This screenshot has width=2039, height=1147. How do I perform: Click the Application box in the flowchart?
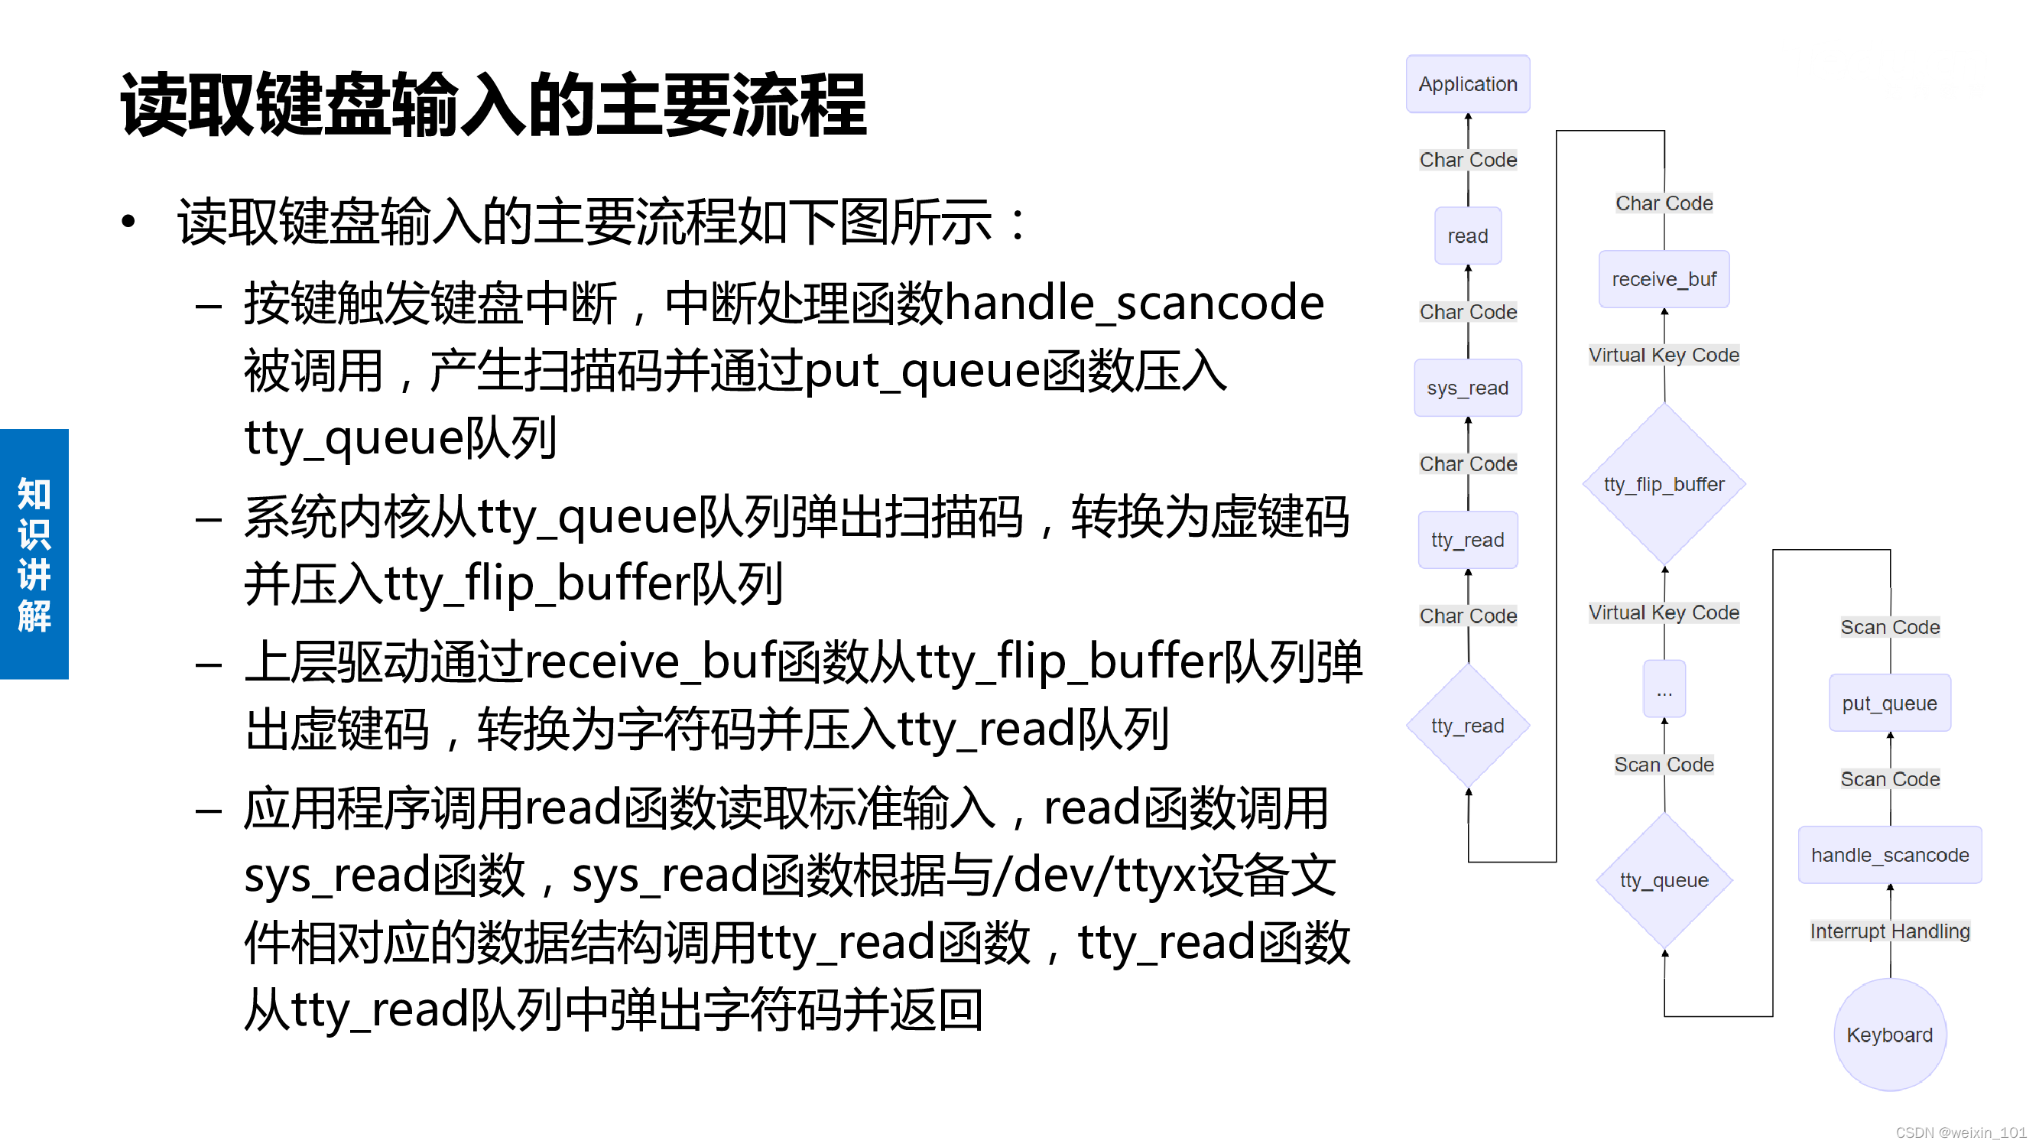pos(1466,84)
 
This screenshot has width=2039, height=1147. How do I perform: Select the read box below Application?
pos(1466,236)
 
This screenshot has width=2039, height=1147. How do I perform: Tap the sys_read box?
pos(1466,388)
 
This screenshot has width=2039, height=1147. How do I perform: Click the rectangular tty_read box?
pos(1466,540)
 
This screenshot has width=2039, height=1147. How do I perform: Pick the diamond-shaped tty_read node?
pos(1466,725)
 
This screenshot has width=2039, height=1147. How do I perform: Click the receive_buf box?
pos(1663,279)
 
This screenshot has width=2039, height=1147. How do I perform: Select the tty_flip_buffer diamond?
pos(1663,484)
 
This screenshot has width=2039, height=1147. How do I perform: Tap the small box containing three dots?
pos(1663,689)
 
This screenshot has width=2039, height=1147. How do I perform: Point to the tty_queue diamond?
pos(1663,879)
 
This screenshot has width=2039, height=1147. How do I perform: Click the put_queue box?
pos(1888,703)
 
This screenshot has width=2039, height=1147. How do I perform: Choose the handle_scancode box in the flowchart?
pos(1888,855)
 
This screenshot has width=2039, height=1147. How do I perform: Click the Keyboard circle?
pos(1888,1035)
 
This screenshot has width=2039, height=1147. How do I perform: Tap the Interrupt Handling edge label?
pos(1888,931)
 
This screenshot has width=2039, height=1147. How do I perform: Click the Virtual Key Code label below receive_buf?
pos(1663,355)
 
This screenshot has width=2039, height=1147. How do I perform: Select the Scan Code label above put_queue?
pos(1888,627)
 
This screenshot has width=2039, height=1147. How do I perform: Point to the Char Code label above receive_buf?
pos(1663,203)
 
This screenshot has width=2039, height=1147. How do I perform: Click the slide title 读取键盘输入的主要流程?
pos(493,106)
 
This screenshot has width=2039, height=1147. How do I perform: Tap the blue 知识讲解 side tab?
pos(34,554)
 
